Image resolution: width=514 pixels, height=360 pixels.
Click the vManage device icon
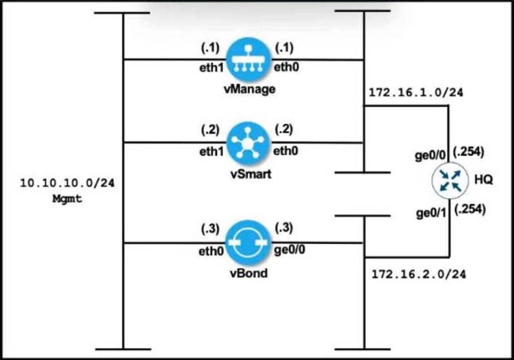[x=249, y=60]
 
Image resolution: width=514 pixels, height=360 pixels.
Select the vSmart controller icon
[x=249, y=142]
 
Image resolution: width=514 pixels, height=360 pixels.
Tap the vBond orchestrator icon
[x=249, y=243]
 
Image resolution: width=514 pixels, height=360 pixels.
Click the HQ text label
[x=484, y=181]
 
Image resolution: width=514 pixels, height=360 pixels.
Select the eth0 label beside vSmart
[x=286, y=150]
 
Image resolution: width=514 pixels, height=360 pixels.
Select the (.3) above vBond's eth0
[x=209, y=229]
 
